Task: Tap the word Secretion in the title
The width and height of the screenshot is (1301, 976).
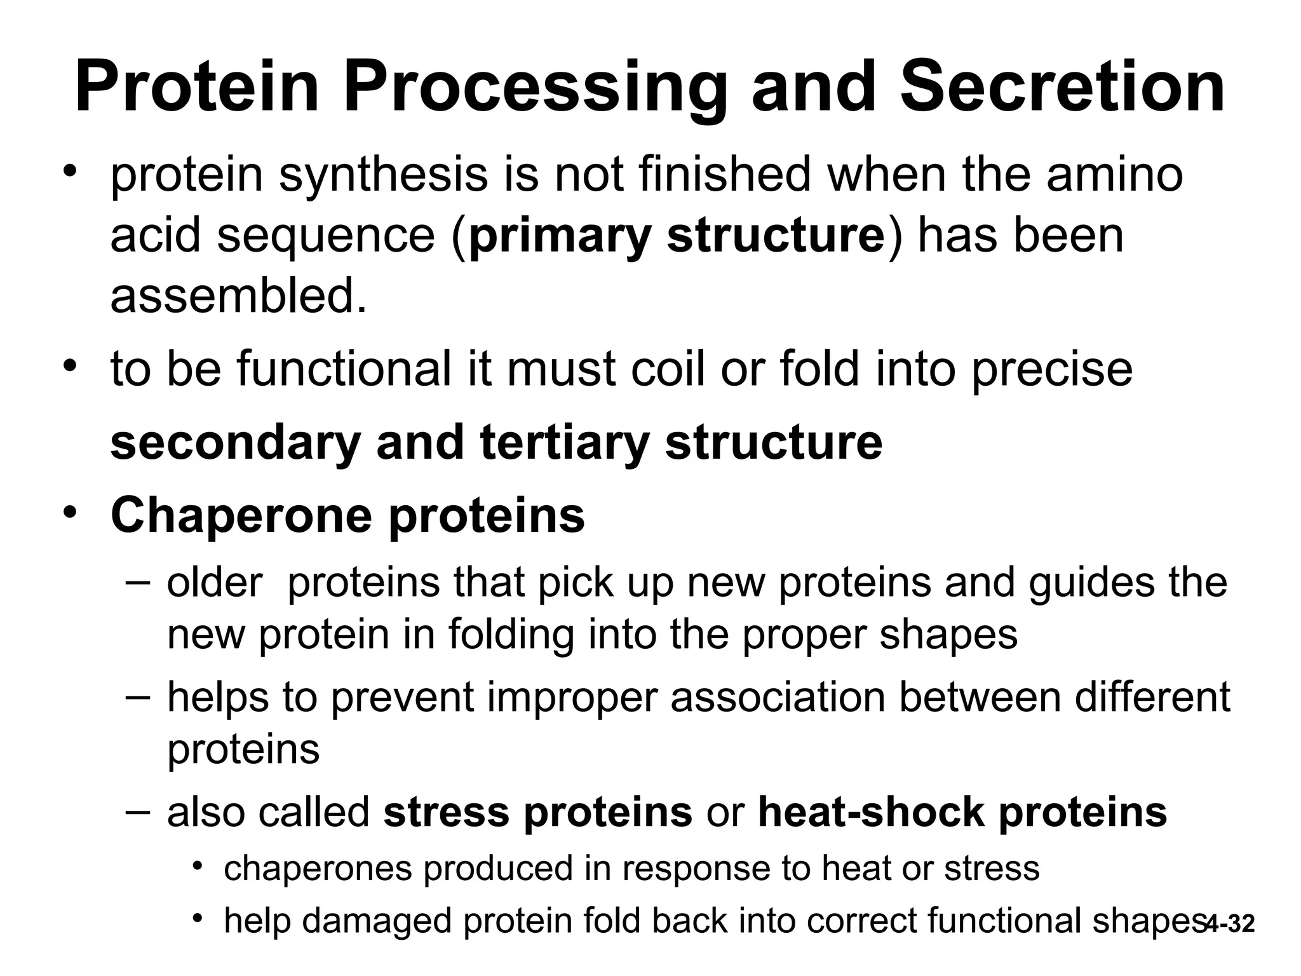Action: (x=1062, y=88)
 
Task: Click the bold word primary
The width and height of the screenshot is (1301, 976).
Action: (x=560, y=236)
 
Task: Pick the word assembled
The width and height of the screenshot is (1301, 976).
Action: (x=238, y=296)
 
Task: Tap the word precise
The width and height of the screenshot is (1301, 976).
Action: (x=1052, y=370)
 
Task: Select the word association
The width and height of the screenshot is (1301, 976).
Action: (x=778, y=697)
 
